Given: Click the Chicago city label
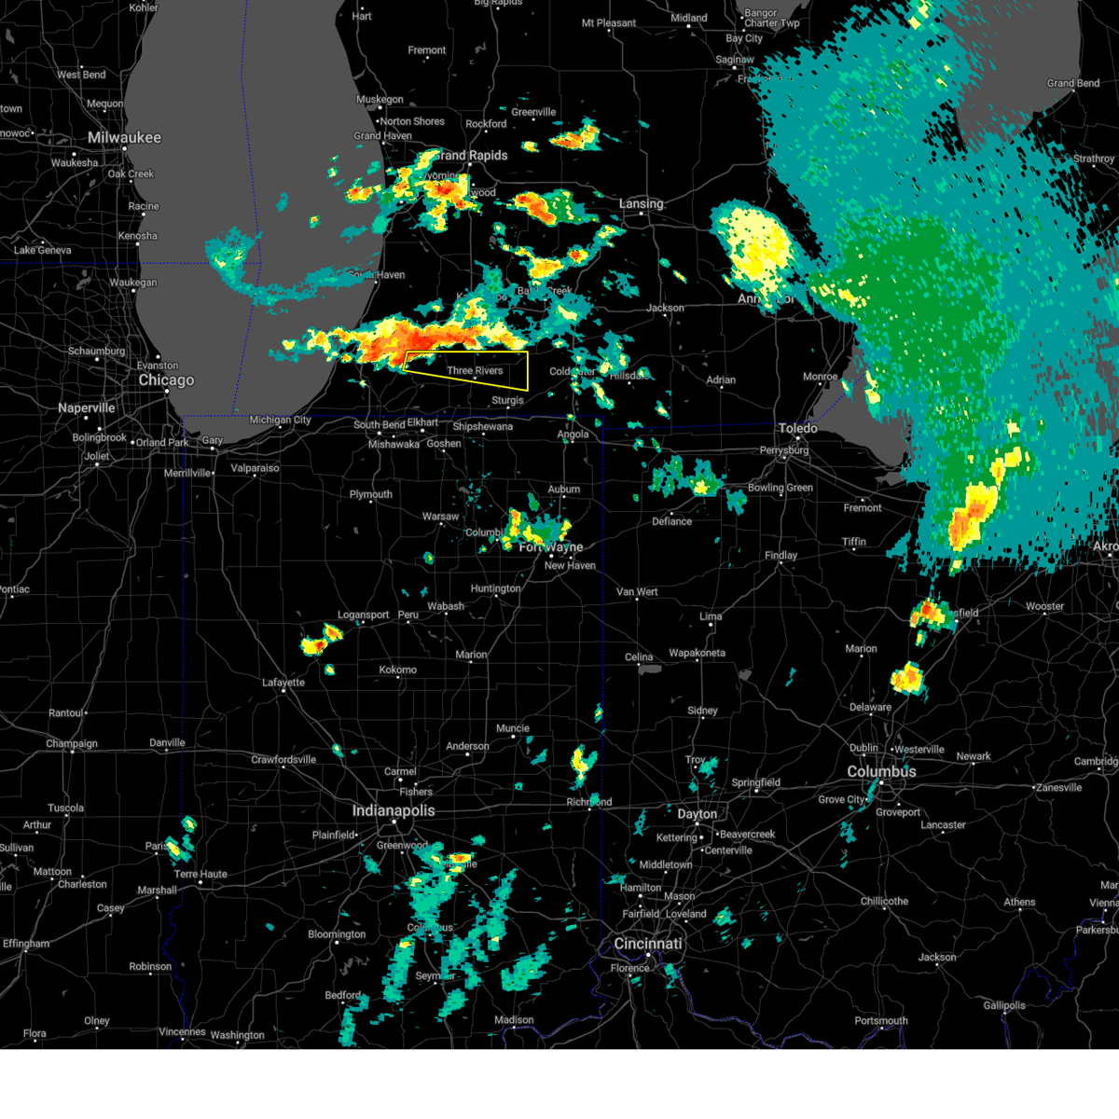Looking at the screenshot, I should click(x=166, y=380).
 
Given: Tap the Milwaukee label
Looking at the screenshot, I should click(x=124, y=138).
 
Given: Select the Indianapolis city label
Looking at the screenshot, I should click(x=394, y=811).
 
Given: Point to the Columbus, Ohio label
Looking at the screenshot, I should click(x=881, y=772).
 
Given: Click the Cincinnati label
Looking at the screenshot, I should click(x=648, y=944).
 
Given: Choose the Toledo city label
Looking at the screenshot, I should click(x=797, y=428).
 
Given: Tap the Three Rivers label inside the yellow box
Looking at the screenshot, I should click(x=475, y=371).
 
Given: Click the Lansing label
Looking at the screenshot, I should click(x=642, y=203).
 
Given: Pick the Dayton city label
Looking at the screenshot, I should click(x=698, y=814).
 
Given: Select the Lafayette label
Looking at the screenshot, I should click(x=283, y=683).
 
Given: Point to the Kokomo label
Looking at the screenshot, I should click(x=398, y=670).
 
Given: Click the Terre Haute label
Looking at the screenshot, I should click(x=200, y=875).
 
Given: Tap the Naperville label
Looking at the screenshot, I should click(x=87, y=408).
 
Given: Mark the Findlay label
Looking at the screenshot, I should click(x=781, y=556).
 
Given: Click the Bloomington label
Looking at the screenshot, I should click(x=337, y=934).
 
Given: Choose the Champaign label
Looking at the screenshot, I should click(x=72, y=744).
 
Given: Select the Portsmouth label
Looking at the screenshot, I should click(x=881, y=1021).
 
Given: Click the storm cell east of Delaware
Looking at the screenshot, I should click(x=907, y=678).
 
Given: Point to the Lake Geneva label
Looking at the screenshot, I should click(x=42, y=250).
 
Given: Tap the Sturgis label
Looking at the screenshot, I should click(x=508, y=400).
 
